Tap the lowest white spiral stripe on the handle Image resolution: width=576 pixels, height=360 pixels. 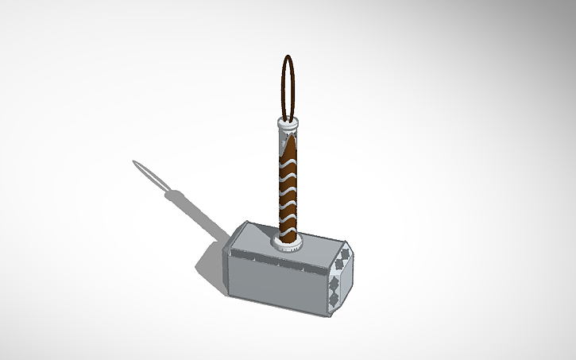[x=287, y=219]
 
